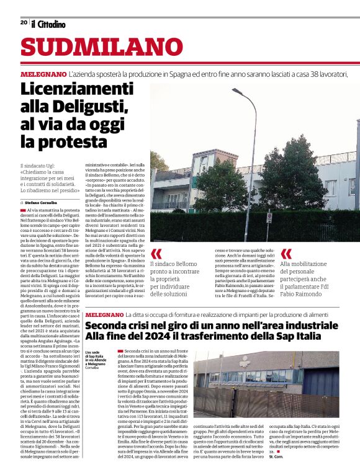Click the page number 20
click(x=24, y=22)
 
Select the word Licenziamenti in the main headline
click(x=77, y=89)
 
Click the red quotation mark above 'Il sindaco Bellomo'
click(x=156, y=253)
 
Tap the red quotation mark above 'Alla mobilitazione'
click(x=286, y=253)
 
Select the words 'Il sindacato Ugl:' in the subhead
click(x=39, y=166)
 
